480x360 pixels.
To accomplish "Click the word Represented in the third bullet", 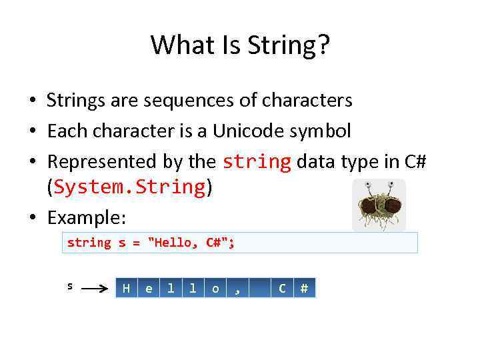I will pos(100,161).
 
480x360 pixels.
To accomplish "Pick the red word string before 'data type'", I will pos(257,161).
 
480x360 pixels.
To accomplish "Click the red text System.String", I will pos(129,187).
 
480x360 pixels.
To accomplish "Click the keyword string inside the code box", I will pos(89,243).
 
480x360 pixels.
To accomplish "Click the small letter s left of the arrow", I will pos(70,287).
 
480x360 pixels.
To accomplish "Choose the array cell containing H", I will pos(126,288).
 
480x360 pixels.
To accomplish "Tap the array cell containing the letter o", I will pos(215,288).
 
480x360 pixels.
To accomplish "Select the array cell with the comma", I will pos(237,288).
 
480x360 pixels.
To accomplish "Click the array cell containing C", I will pos(282,288).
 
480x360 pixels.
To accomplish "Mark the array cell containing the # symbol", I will pos(304,288).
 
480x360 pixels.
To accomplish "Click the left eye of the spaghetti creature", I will pos(367,185).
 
